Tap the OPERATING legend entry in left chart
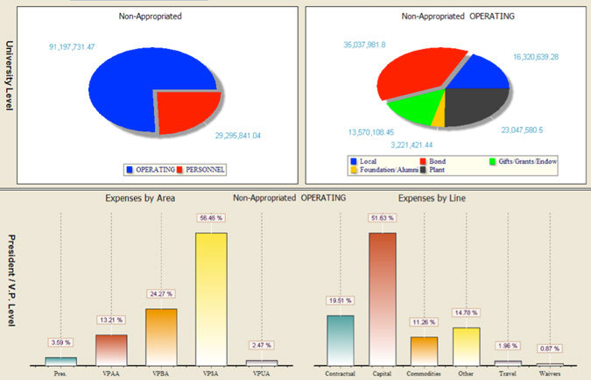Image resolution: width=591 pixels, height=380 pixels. [x=152, y=168]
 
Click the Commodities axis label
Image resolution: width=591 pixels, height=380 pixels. [x=424, y=371]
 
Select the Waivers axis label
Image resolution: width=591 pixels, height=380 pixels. [x=549, y=371]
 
